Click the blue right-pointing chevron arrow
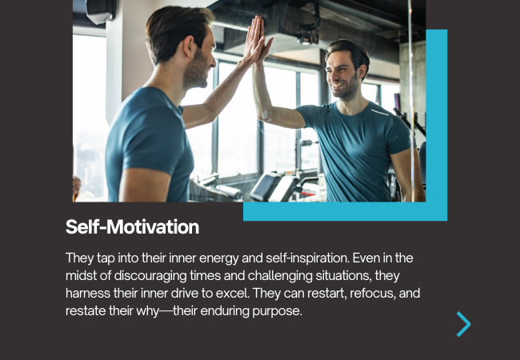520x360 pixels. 464,324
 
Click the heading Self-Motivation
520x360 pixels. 132,227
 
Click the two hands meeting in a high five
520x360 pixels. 258,40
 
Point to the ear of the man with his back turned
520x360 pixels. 190,46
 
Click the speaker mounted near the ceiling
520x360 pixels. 101,12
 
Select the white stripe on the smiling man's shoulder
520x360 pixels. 380,113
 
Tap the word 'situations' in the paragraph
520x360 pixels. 343,276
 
